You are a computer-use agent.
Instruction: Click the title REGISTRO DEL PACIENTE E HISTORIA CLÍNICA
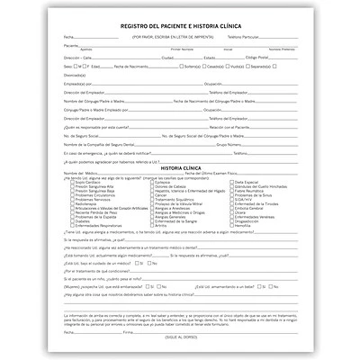180,26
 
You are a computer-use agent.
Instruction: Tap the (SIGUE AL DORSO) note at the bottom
180,335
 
